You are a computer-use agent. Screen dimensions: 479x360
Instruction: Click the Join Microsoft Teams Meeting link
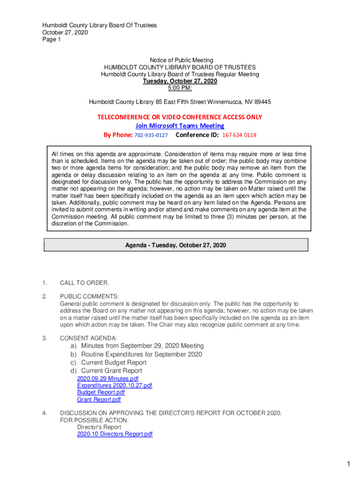click(x=180, y=126)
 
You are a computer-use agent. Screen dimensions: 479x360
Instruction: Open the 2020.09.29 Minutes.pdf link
click(x=108, y=378)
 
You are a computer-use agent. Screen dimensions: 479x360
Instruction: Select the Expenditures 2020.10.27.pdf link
click(x=115, y=385)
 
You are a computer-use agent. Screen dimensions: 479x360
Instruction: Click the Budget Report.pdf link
click(x=101, y=392)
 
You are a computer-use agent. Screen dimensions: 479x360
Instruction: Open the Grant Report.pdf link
click(x=99, y=399)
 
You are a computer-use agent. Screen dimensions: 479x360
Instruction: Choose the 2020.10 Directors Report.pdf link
click(x=115, y=434)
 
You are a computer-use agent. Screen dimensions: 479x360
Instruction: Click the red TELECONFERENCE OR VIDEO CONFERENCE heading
click(x=180, y=117)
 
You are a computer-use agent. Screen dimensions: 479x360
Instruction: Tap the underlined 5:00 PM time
click(x=180, y=88)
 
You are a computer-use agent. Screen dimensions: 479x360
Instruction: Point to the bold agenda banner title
click(x=175, y=245)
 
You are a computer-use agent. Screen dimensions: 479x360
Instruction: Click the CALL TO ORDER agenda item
click(x=85, y=283)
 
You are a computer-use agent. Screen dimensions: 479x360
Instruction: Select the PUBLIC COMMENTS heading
click(x=89, y=297)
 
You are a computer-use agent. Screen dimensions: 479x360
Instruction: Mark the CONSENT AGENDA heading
click(x=88, y=338)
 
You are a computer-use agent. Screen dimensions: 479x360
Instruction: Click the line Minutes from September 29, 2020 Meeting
click(x=142, y=346)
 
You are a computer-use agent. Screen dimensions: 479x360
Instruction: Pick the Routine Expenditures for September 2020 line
click(x=141, y=354)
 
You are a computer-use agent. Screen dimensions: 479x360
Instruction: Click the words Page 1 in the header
click(x=51, y=40)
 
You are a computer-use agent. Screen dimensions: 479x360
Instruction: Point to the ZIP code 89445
click(x=261, y=102)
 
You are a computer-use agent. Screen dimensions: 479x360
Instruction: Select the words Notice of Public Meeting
click(x=181, y=60)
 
